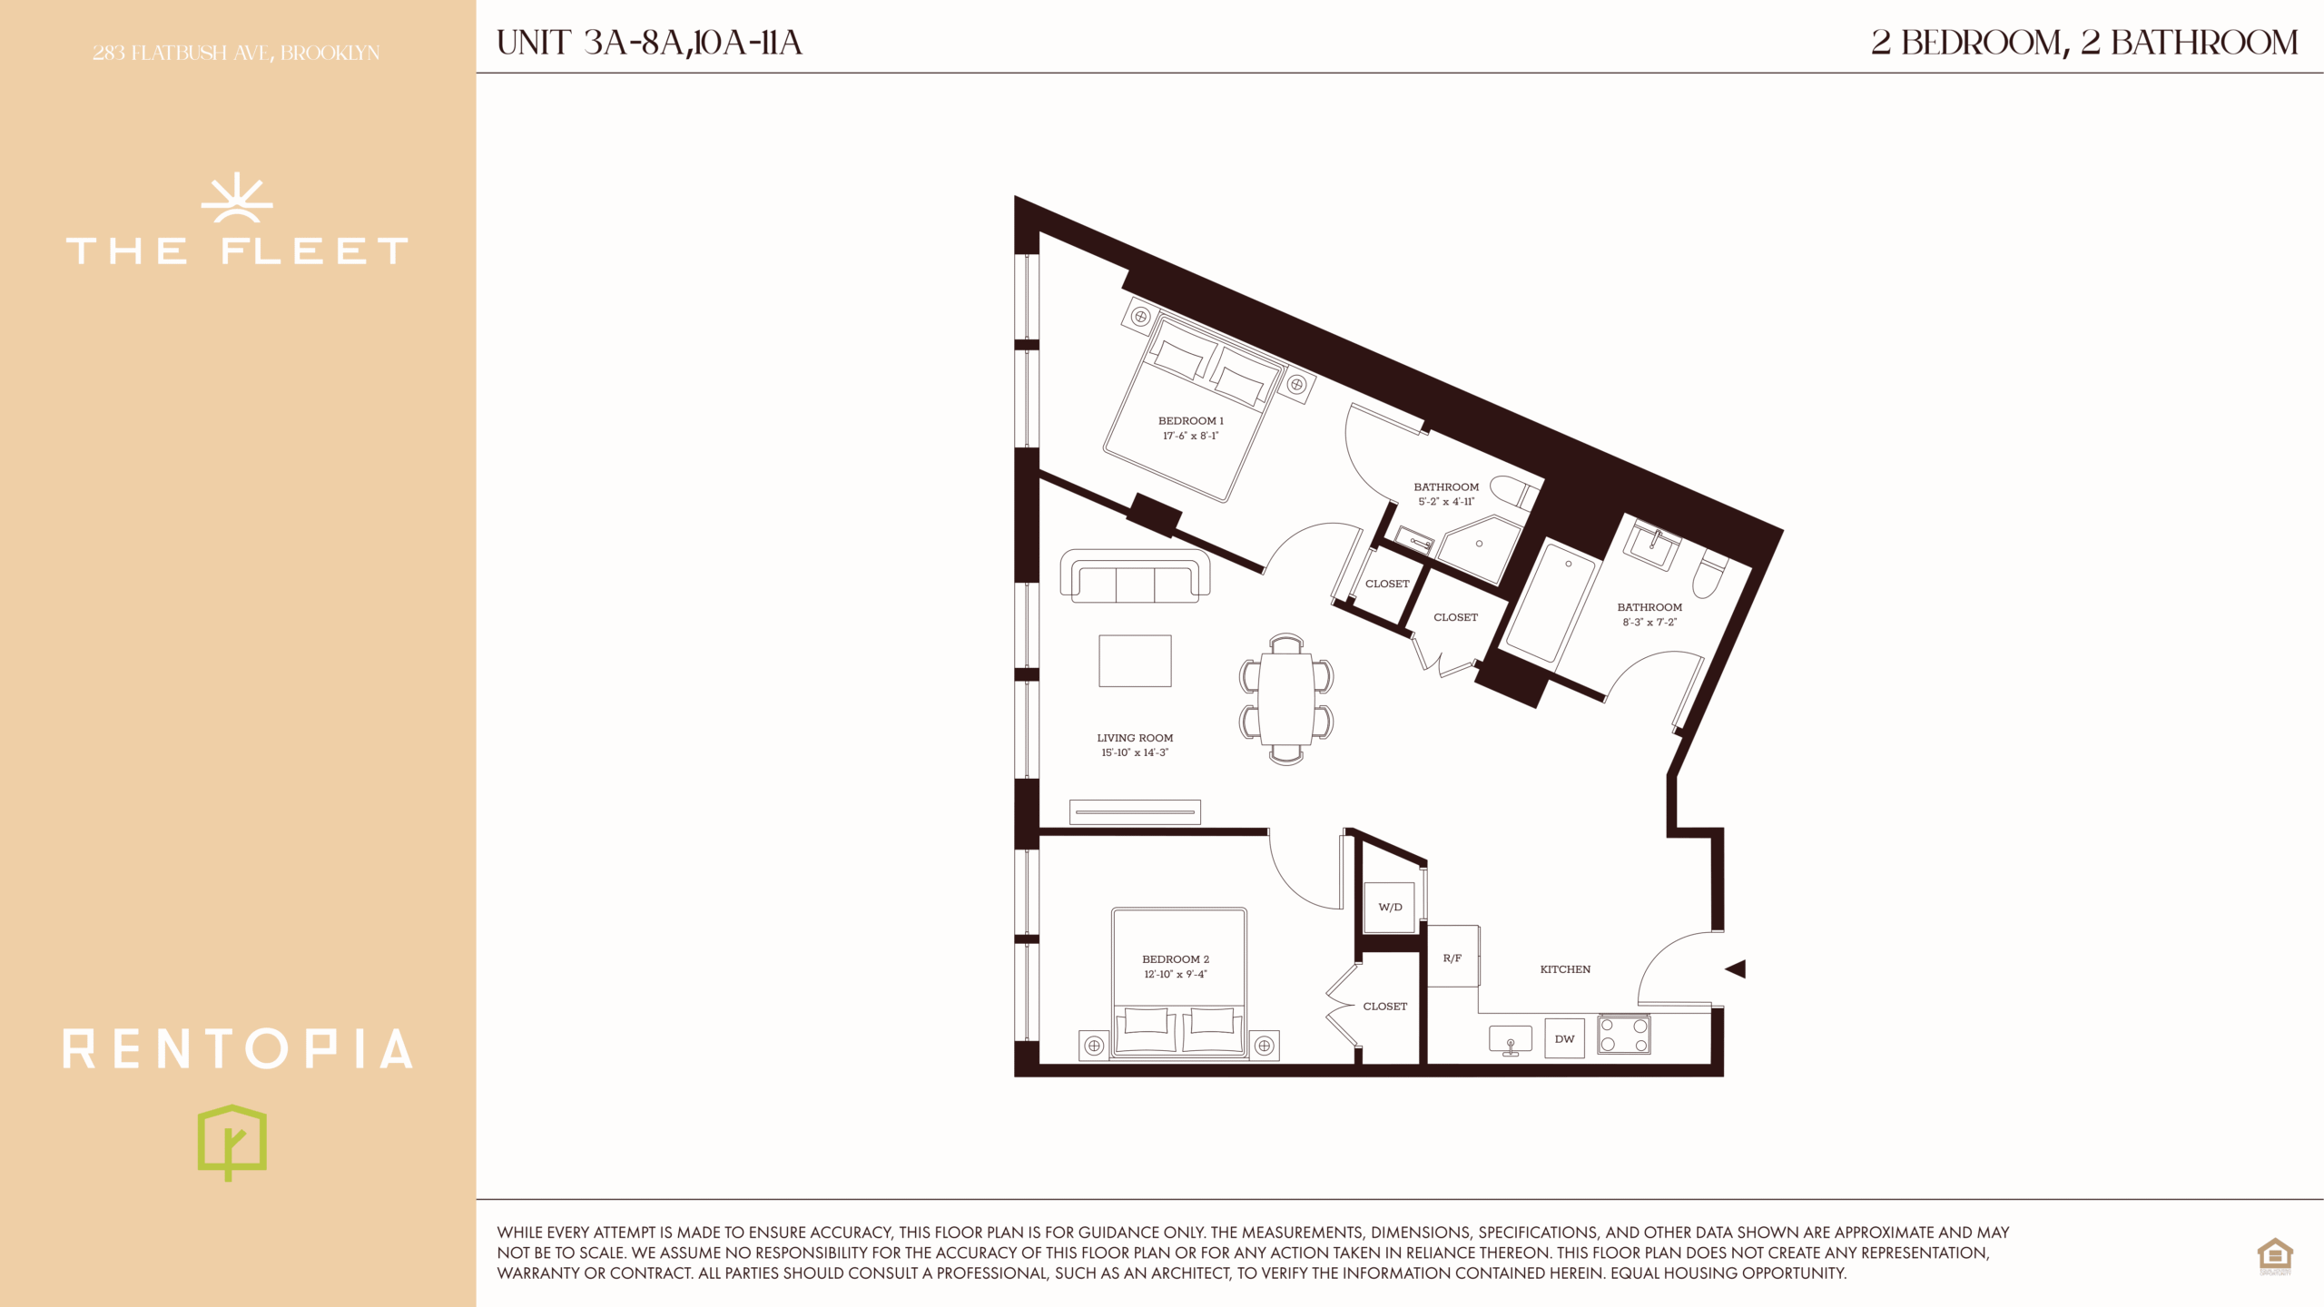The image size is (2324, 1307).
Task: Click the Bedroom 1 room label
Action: [x=1190, y=421]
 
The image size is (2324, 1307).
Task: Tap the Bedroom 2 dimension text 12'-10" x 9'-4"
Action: [x=1176, y=975]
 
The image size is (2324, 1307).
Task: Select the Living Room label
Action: [x=1135, y=738]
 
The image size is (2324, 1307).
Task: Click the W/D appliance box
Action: [x=1390, y=907]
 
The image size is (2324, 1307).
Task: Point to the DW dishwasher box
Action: [x=1564, y=1039]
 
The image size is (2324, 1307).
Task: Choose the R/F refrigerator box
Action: [x=1453, y=957]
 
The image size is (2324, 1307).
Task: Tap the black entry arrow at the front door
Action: [x=1735, y=969]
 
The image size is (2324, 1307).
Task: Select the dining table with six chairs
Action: [x=1286, y=700]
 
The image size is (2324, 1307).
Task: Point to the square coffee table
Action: [x=1135, y=661]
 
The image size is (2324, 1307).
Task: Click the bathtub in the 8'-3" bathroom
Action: [x=1546, y=602]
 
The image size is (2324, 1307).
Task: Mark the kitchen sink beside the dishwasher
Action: [x=1511, y=1040]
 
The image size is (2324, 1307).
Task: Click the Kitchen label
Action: [x=1565, y=969]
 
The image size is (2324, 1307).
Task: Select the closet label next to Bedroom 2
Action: [x=1384, y=1007]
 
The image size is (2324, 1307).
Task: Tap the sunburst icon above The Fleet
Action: [x=237, y=198]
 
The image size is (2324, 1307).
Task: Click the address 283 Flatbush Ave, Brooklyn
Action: [x=236, y=54]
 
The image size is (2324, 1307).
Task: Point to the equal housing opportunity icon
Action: [x=2275, y=1257]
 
